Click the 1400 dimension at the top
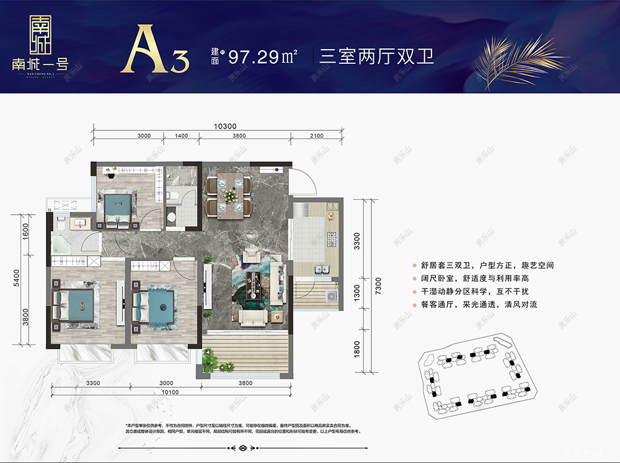(x=181, y=135)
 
